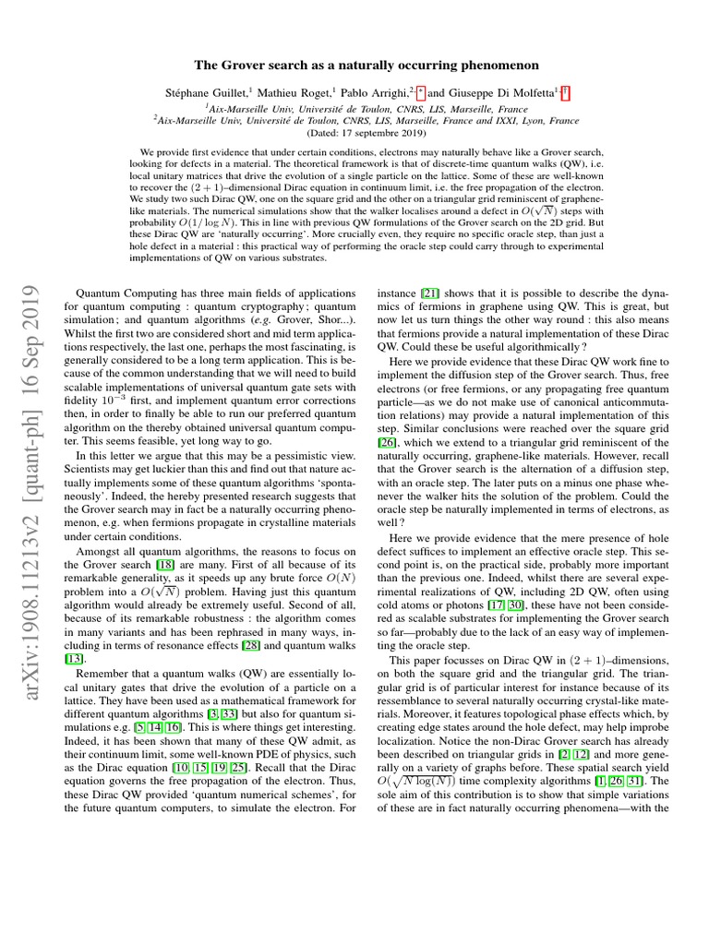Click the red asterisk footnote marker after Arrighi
pos(420,91)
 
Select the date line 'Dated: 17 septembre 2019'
pos(354,133)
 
